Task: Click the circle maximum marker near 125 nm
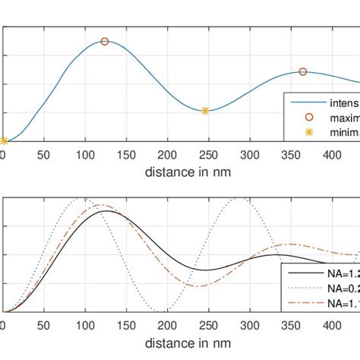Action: (105, 42)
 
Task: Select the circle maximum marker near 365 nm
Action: (303, 71)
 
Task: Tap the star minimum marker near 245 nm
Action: (205, 111)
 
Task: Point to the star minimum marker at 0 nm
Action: (4, 141)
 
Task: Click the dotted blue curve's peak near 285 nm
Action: (239, 198)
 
